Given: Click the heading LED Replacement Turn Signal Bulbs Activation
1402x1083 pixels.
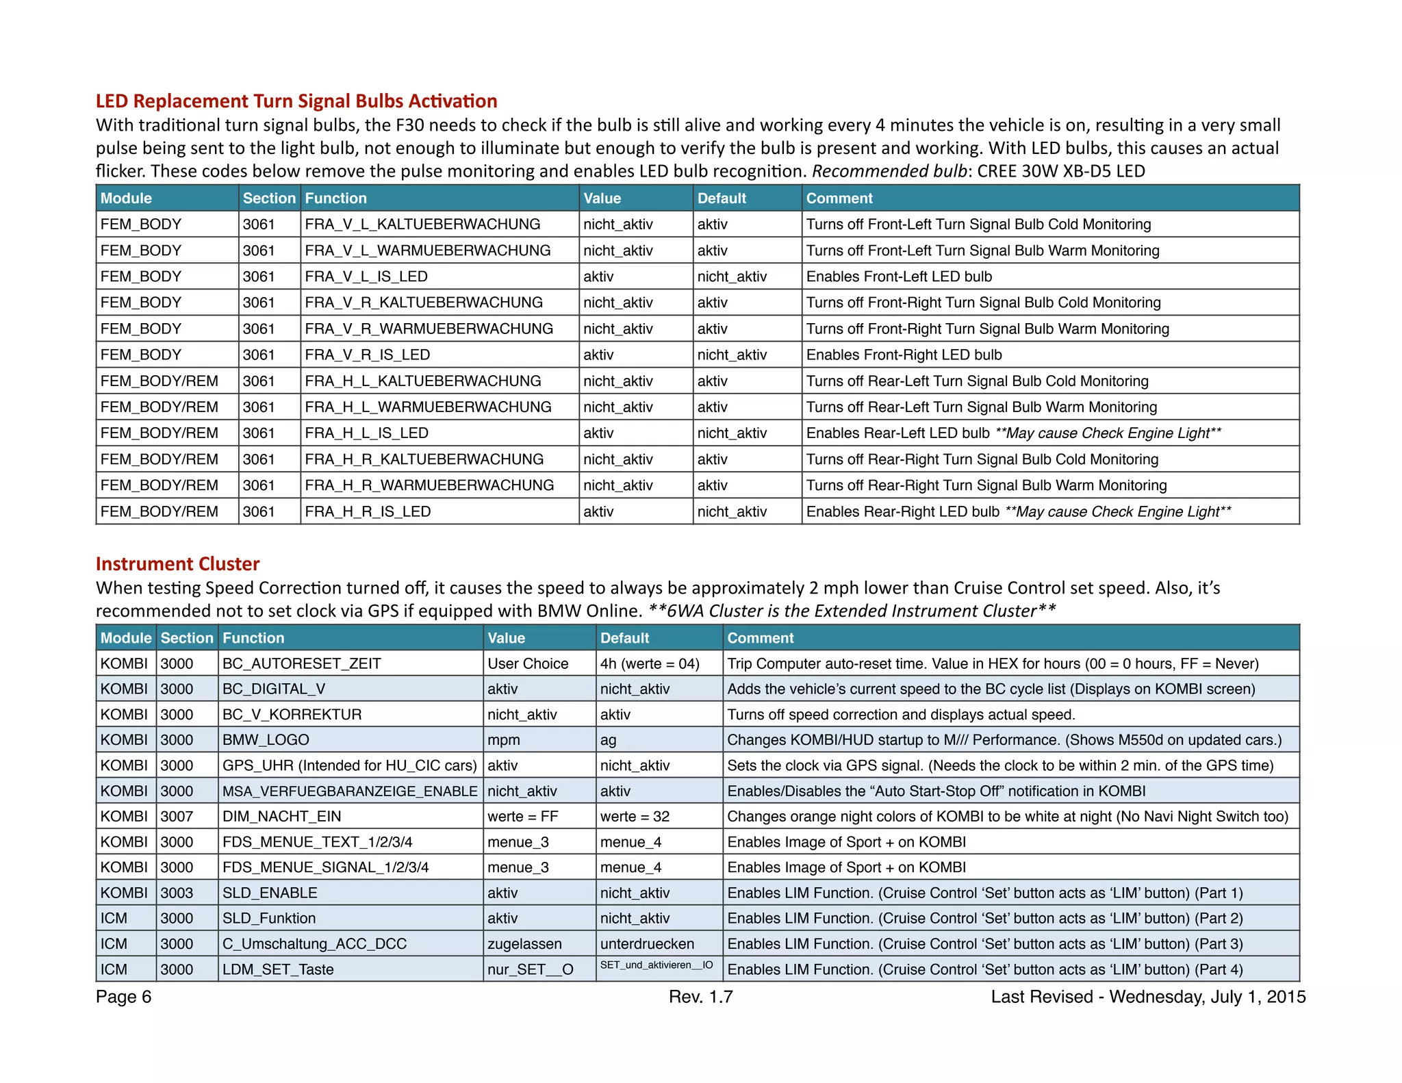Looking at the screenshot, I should click(x=296, y=101).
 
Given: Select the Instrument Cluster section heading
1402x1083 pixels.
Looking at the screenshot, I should click(x=177, y=563).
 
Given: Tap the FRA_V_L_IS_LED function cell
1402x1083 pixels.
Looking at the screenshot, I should click(x=366, y=277).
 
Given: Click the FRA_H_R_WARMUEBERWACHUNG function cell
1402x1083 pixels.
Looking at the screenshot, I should click(x=429, y=485).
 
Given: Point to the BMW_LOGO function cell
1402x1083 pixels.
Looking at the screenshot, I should click(x=266, y=740).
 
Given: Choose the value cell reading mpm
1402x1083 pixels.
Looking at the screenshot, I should click(x=504, y=740).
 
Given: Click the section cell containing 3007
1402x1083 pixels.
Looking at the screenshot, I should click(x=177, y=816).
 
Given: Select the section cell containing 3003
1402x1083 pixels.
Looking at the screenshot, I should click(x=177, y=893).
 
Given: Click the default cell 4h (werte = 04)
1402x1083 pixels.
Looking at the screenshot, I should click(x=650, y=663).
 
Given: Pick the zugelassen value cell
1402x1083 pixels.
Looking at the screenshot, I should click(x=524, y=943).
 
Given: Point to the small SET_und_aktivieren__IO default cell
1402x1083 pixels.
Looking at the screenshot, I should click(x=657, y=965).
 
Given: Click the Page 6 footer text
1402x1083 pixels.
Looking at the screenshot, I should click(x=124, y=997).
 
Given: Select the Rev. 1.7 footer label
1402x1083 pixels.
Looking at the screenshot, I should click(x=700, y=997).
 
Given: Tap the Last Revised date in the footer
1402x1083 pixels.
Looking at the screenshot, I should click(x=1148, y=997).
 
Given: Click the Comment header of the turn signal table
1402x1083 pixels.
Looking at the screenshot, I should click(x=839, y=198).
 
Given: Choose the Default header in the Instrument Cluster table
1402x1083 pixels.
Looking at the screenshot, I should click(x=624, y=638).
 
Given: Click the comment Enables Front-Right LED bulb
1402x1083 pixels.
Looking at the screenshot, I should click(x=904, y=355).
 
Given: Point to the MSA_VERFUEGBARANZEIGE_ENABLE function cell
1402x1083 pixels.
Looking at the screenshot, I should click(x=350, y=791).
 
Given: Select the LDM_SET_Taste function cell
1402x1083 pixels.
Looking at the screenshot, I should click(x=278, y=969).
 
